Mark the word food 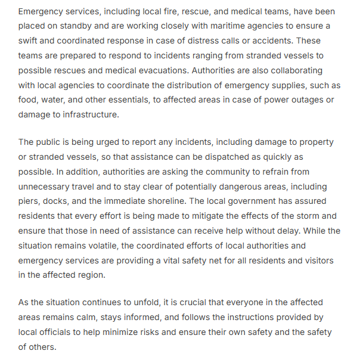pos(29,99)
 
